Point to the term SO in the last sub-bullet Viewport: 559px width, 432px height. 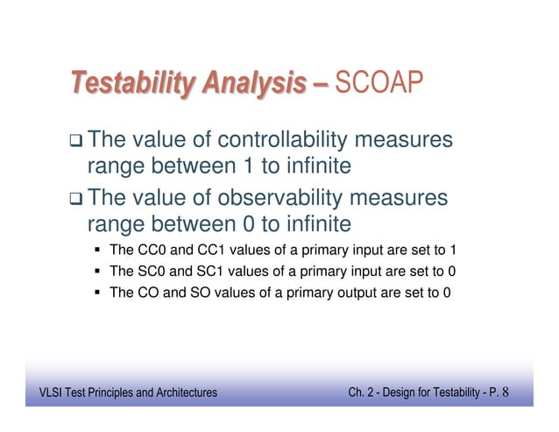tap(203, 293)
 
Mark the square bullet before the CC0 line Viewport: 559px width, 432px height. tap(98, 251)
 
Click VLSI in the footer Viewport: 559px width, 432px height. tap(39, 393)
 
